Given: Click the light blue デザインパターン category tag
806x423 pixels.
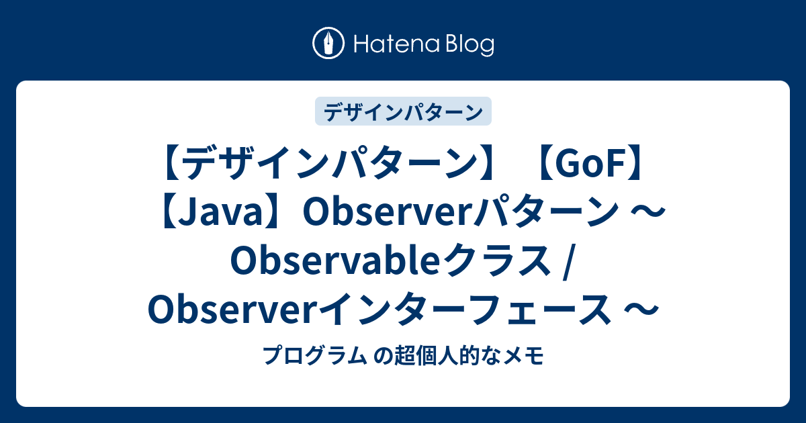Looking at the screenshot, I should (403, 111).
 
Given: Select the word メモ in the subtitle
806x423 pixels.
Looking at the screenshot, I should (529, 356).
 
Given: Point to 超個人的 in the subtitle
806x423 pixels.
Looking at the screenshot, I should (421, 356).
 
